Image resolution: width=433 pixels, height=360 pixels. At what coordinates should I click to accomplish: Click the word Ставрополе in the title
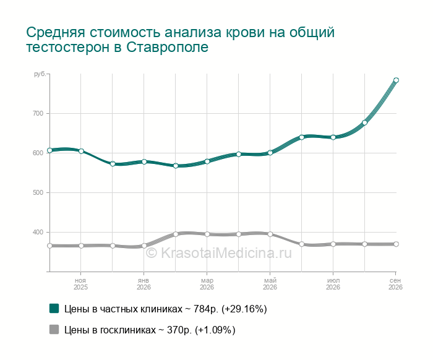coord(168,47)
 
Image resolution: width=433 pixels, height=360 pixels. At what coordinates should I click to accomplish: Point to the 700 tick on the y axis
coord(38,113)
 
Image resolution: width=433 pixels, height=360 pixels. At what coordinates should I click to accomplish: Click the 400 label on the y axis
coord(38,232)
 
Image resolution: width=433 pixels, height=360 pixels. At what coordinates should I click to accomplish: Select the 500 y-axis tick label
coord(38,193)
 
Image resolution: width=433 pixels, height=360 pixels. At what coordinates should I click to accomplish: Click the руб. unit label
coord(40,74)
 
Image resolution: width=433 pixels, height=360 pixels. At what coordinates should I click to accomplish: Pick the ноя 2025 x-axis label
coord(80,284)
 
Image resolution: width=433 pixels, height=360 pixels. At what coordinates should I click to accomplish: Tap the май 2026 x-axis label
coord(270,284)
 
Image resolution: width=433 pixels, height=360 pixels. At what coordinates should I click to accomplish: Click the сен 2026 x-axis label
coord(395,284)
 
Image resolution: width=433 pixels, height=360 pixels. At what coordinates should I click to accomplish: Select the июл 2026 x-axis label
coord(333,284)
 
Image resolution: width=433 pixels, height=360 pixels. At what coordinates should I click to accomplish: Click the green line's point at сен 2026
coord(396,80)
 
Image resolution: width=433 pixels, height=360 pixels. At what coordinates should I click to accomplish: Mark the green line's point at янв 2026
coord(144,162)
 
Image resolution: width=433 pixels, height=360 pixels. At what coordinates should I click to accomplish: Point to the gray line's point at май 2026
coord(270,234)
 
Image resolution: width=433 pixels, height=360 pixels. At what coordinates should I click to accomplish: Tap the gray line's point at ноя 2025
coord(81,246)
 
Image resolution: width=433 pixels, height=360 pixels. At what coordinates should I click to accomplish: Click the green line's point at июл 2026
coord(333,137)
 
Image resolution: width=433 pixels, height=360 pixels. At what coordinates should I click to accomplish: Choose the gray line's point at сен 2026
coord(396,244)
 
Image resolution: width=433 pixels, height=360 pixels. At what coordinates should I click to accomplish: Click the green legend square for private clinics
coord(54,309)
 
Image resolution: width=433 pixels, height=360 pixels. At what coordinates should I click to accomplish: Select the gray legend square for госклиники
coord(54,329)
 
